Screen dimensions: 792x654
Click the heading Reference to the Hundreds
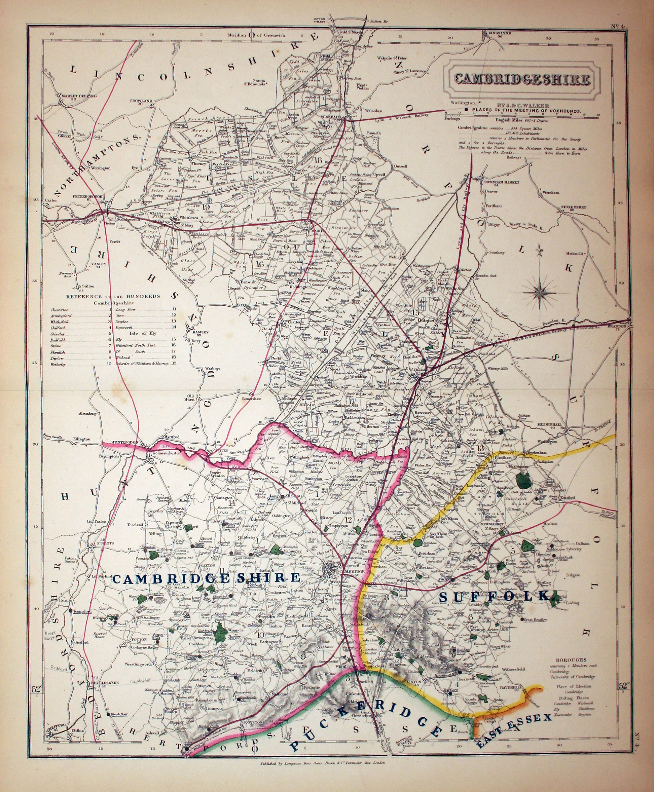coord(108,296)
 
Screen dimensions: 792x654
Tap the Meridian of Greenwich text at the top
coord(256,35)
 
